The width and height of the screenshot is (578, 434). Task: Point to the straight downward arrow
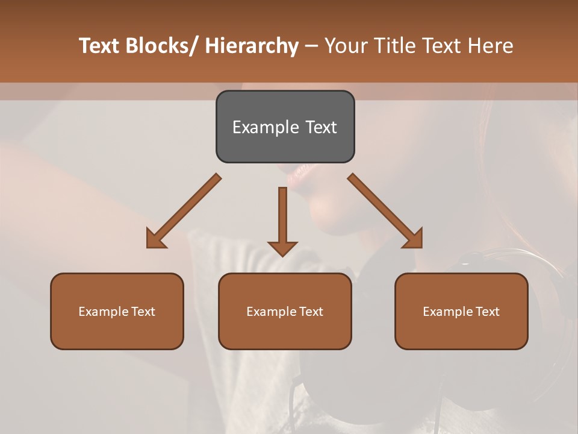click(x=282, y=220)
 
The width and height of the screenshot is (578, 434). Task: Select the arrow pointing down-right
click(x=385, y=211)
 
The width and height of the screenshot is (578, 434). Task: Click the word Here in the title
click(x=491, y=46)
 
